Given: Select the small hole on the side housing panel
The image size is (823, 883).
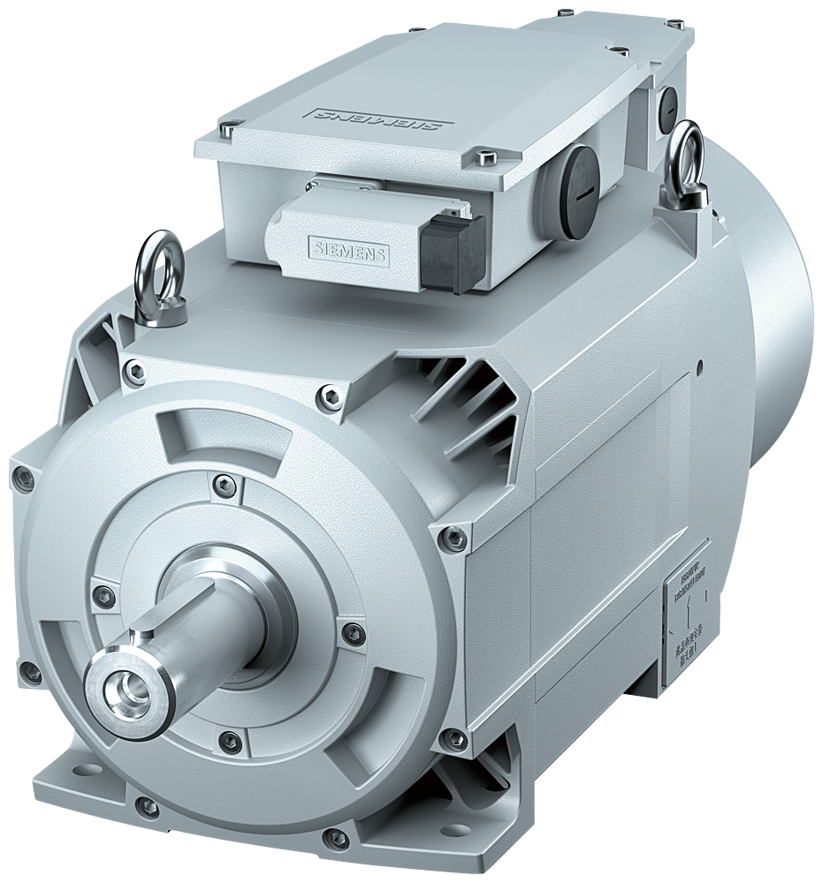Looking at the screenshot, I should pyautogui.click(x=698, y=364).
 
